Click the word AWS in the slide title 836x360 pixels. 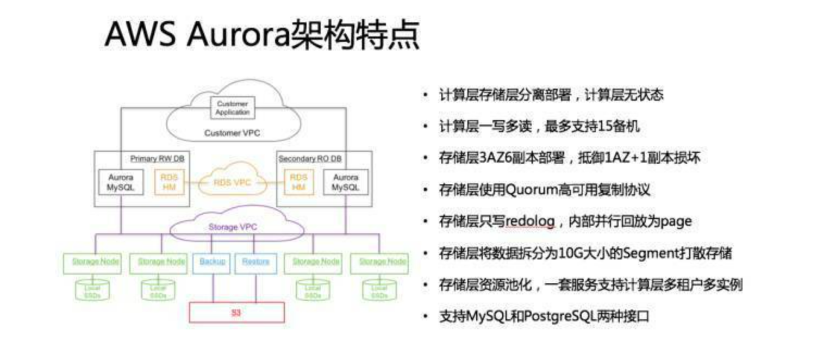pyautogui.click(x=140, y=35)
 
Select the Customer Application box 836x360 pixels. pyautogui.click(x=232, y=108)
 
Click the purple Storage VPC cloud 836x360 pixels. pyautogui.click(x=233, y=227)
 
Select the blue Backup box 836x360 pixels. pyautogui.click(x=212, y=262)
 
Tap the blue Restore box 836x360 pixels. pyautogui.click(x=255, y=262)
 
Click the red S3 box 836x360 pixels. pyautogui.click(x=236, y=313)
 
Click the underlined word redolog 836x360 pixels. pyautogui.click(x=530, y=221)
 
